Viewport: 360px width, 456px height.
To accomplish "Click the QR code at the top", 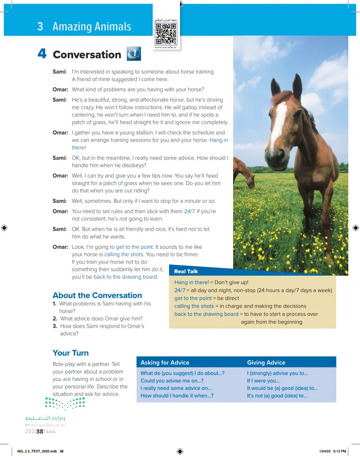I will click(x=166, y=33).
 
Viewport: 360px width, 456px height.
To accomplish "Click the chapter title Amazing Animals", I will click(x=92, y=27).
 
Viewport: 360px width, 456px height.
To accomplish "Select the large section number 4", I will click(x=42, y=54).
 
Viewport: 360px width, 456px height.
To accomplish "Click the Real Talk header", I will click(x=186, y=271).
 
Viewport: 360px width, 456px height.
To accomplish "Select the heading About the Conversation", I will click(x=97, y=295).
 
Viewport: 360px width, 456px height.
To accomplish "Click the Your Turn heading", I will click(x=71, y=353).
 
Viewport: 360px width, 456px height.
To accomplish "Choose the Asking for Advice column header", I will click(x=165, y=362).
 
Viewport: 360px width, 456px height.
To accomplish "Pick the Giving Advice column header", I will click(x=266, y=362).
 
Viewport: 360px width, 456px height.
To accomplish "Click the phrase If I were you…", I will click(x=263, y=380).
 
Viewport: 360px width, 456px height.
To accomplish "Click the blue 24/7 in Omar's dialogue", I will click(x=189, y=211).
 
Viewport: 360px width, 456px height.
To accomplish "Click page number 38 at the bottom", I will click(x=40, y=432).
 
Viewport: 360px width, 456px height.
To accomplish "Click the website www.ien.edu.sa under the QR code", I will click(x=166, y=47).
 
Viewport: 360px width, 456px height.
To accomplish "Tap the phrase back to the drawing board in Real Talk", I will click(x=206, y=314).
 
